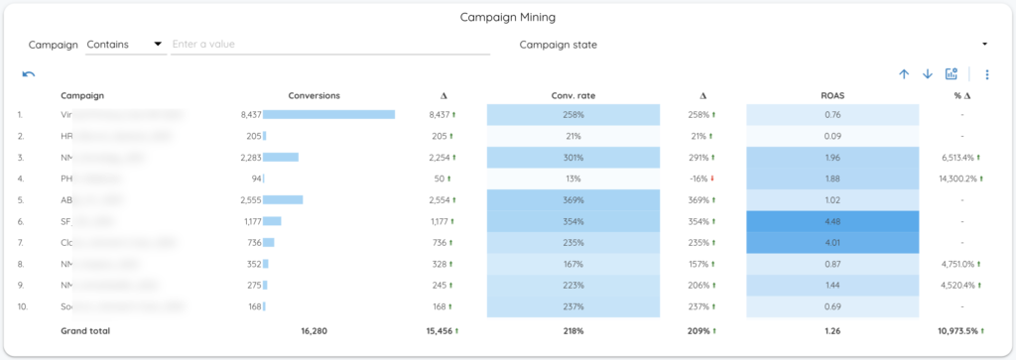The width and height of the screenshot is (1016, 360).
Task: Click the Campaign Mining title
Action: pyautogui.click(x=507, y=17)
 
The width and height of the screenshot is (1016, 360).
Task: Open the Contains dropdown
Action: pyautogui.click(x=124, y=45)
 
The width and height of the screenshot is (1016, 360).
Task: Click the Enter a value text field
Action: pyautogui.click(x=330, y=45)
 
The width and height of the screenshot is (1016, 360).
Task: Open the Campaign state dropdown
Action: pyautogui.click(x=754, y=45)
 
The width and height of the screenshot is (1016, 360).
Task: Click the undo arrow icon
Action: pyautogui.click(x=29, y=74)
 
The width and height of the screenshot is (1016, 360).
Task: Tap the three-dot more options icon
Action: pyautogui.click(x=986, y=74)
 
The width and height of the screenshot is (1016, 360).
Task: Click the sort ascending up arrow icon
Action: pyautogui.click(x=904, y=74)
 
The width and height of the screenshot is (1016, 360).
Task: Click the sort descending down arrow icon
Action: pyautogui.click(x=928, y=74)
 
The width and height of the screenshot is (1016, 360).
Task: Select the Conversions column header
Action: pyautogui.click(x=314, y=95)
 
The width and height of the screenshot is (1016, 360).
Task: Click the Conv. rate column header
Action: pyautogui.click(x=572, y=95)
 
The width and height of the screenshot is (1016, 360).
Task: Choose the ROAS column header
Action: pyautogui.click(x=832, y=95)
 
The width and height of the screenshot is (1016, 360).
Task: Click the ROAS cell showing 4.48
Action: pyautogui.click(x=832, y=221)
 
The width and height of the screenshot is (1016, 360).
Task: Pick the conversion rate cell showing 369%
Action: pyautogui.click(x=572, y=199)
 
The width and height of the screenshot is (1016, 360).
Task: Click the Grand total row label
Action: pyautogui.click(x=85, y=330)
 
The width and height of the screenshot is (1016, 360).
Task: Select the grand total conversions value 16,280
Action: pyautogui.click(x=314, y=330)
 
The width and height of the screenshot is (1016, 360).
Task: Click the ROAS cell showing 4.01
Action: pyautogui.click(x=832, y=242)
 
